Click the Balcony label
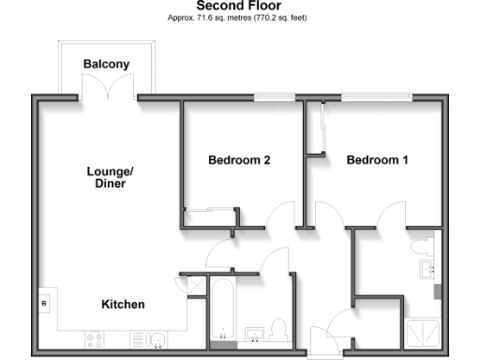pos(106,65)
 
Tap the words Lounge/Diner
pos(111,177)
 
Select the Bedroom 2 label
pos(239,160)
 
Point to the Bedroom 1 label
pos(378,160)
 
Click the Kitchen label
pos(123,305)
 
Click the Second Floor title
pos(238,6)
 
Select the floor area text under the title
pos(238,18)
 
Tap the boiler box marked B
pos(43,304)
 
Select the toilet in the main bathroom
pos(277,331)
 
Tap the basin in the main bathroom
pos(253,335)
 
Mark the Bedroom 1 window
pos(374,97)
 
